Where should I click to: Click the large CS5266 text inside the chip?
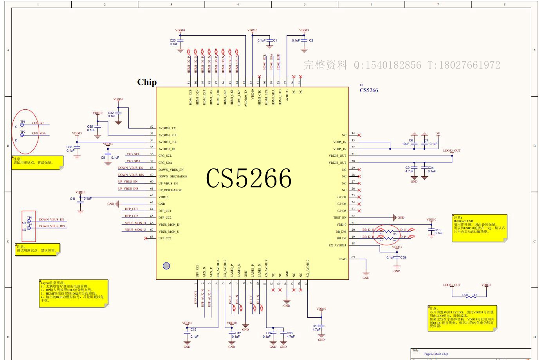coord(249,178)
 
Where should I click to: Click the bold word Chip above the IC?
coord(147,82)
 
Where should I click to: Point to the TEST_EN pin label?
coord(339,217)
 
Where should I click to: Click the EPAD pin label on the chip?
coord(342,259)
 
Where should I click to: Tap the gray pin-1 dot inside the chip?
coord(166,266)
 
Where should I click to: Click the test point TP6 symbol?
coord(29,221)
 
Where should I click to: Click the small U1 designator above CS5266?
coord(362,85)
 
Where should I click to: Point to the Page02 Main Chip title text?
coord(436,354)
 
